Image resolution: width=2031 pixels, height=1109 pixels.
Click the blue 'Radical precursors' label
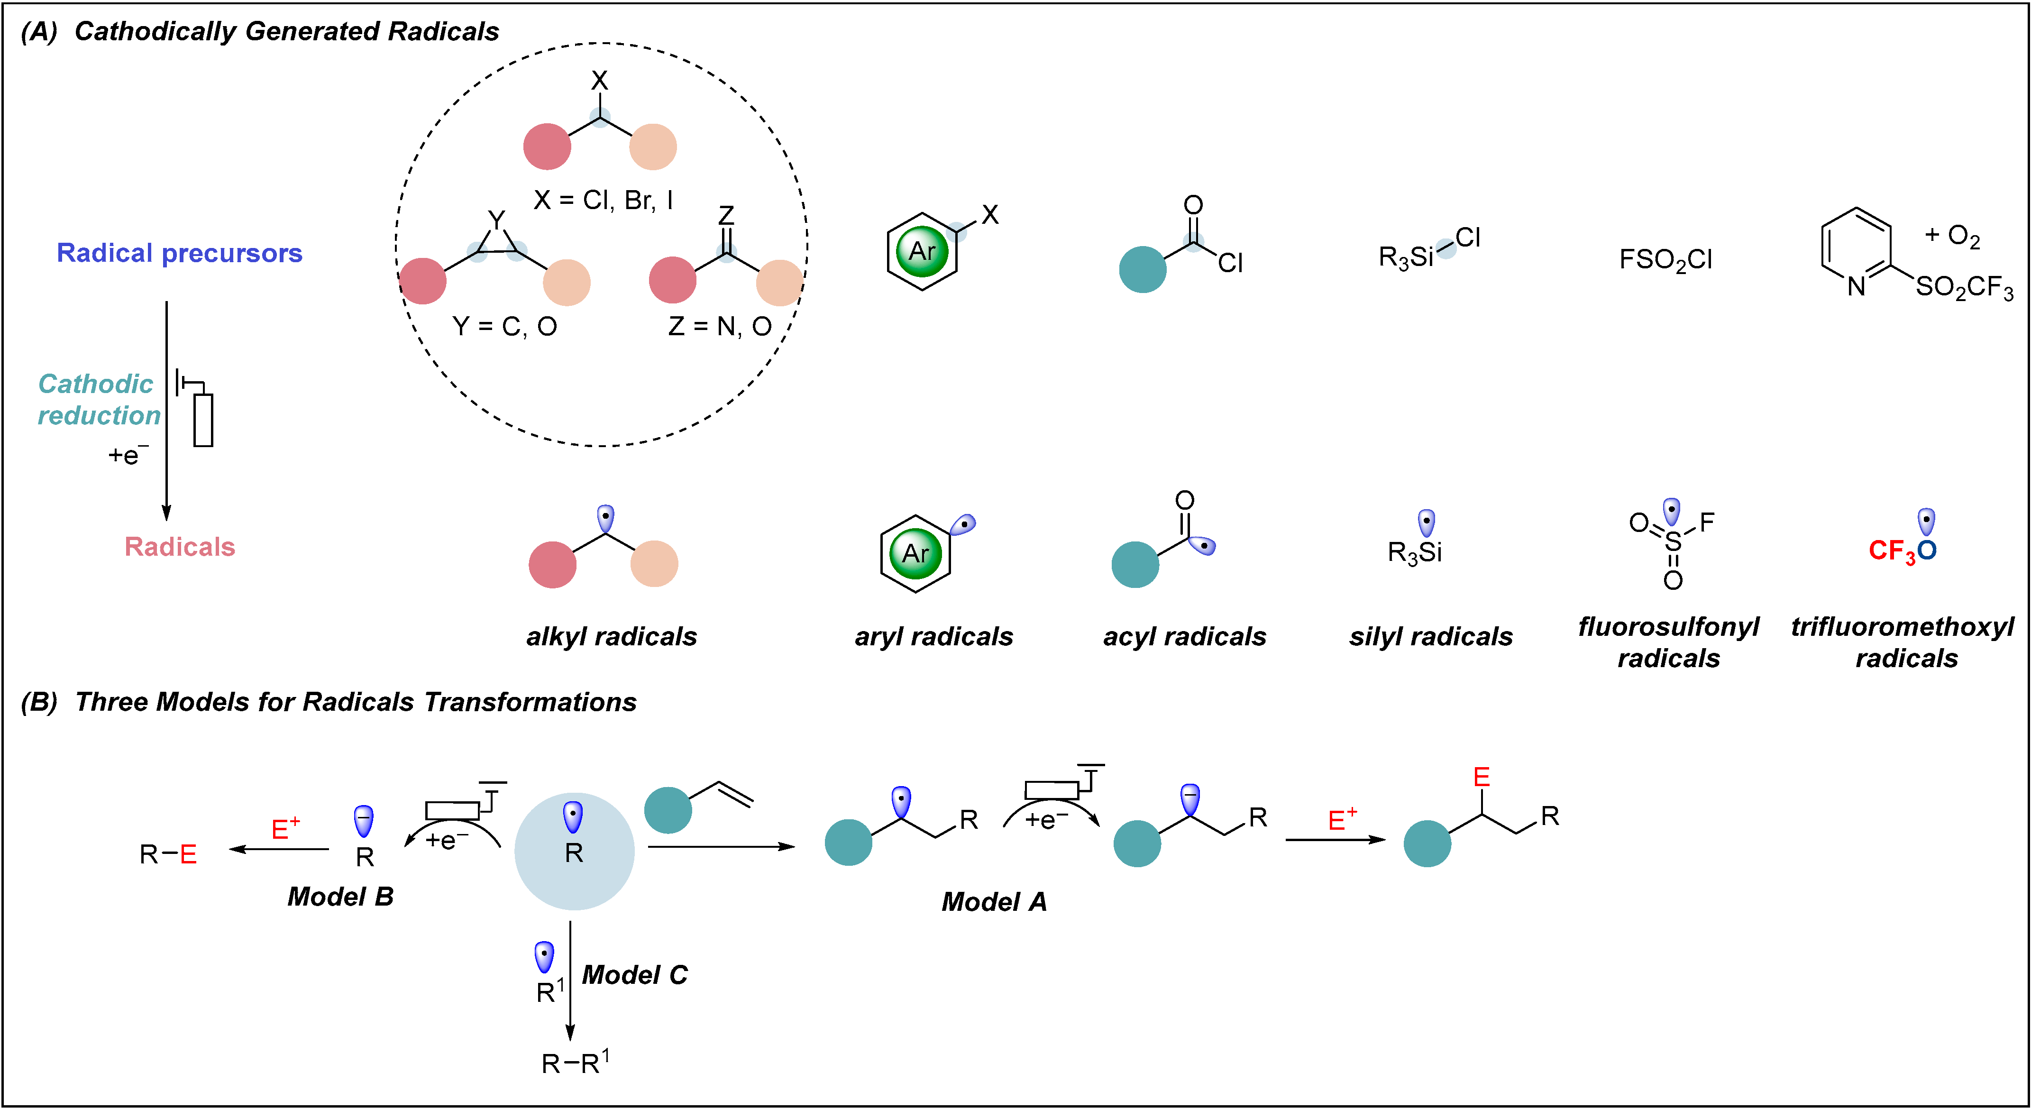pos(179,253)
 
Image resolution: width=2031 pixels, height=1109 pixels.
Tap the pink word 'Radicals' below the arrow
pos(180,547)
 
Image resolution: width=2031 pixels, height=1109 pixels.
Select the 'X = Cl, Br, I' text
pos(603,201)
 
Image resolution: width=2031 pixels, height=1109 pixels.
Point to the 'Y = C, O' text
pos(504,326)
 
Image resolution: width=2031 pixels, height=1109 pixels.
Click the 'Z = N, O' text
pos(719,326)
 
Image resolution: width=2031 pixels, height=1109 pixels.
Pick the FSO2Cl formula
pos(1665,259)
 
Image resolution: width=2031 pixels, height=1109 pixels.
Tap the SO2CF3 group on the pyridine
pos(1963,287)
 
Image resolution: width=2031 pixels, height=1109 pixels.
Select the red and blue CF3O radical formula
pos(1902,550)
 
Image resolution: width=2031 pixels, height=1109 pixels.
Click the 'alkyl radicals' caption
pos(611,637)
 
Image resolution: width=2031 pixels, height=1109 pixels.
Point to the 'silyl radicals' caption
pos(1430,637)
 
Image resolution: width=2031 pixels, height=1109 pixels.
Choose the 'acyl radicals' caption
pos(1184,637)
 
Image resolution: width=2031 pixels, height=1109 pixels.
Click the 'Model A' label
pos(994,901)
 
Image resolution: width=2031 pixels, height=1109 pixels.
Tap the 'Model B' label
pos(340,896)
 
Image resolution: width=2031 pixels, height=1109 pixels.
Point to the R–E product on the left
pos(168,854)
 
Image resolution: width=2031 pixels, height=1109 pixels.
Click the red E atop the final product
pos(1482,778)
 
